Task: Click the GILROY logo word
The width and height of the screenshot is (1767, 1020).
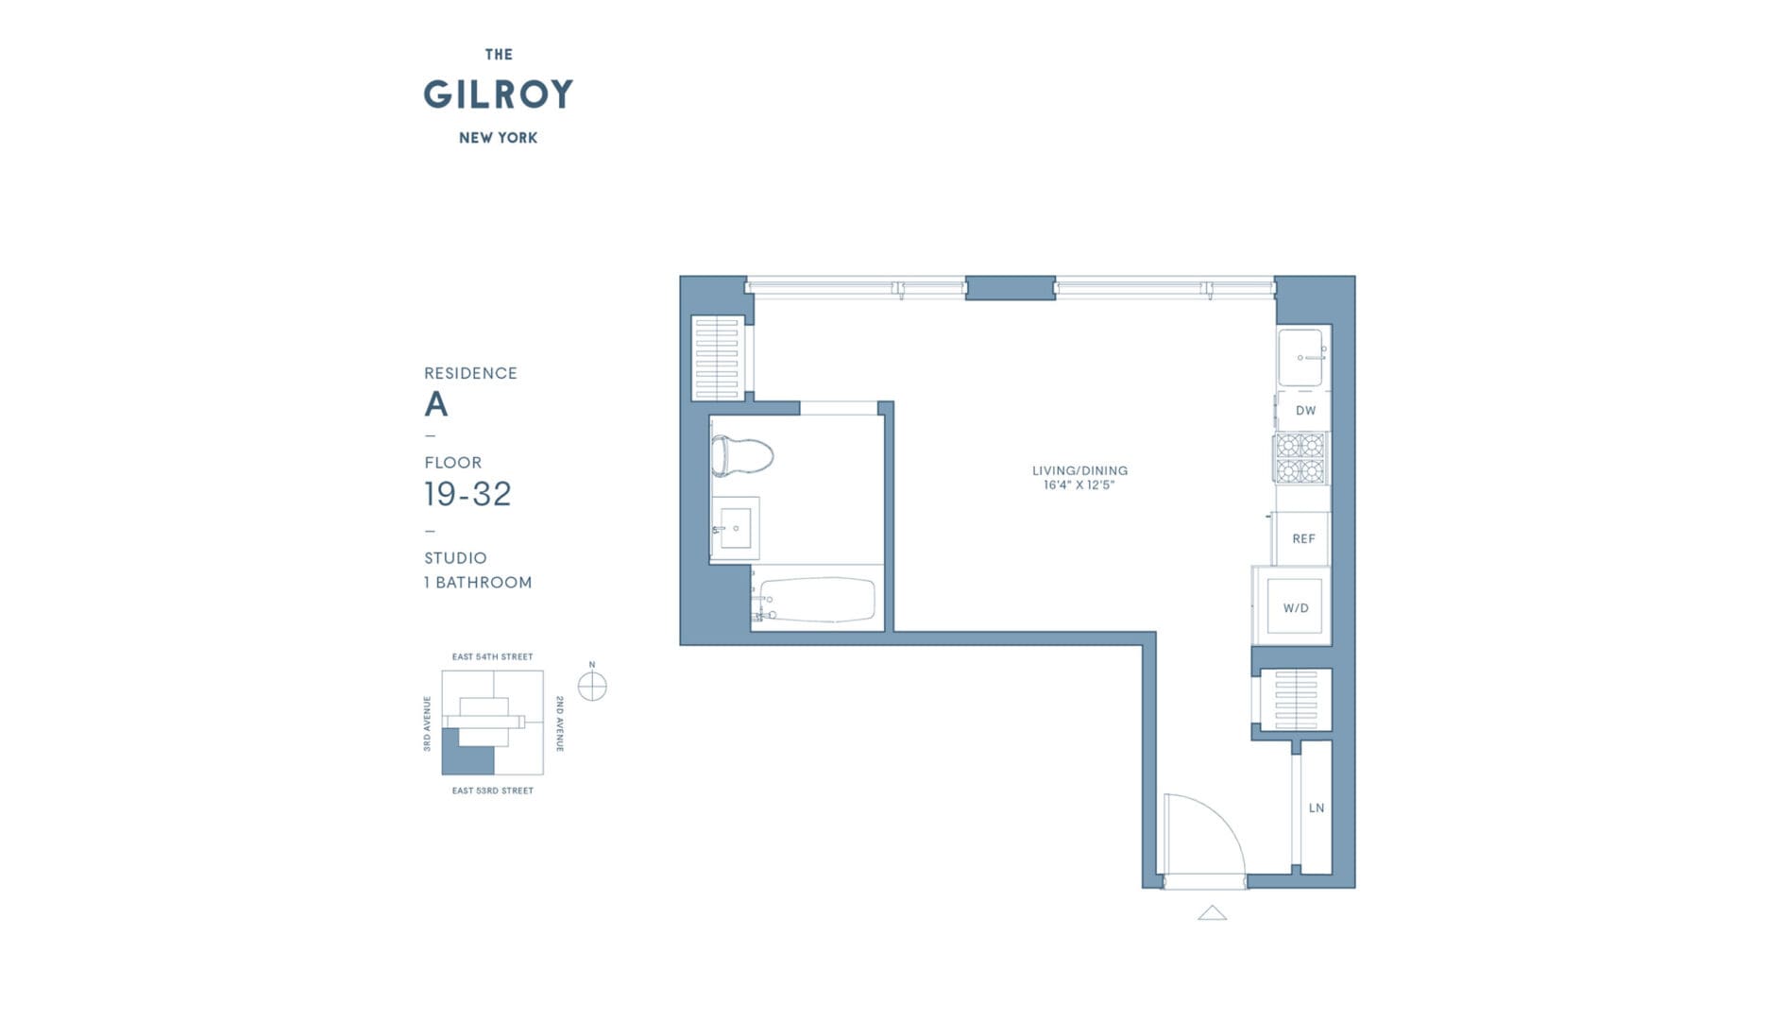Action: (498, 94)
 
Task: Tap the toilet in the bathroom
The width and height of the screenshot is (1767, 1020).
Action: (741, 455)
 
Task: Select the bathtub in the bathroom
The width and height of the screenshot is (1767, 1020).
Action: (817, 600)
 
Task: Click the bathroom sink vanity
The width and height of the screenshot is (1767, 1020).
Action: (735, 528)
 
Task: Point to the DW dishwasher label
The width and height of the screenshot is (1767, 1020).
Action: (1305, 411)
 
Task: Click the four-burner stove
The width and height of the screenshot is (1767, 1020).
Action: (1300, 458)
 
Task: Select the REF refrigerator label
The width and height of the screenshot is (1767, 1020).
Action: (1303, 538)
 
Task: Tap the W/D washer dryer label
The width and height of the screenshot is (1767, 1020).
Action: (1296, 608)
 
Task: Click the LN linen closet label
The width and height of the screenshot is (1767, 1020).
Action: (1317, 807)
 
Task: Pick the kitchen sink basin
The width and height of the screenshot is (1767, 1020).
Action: (1300, 357)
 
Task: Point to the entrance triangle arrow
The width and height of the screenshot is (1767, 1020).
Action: (1212, 913)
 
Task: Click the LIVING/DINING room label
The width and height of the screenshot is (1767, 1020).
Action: (1079, 470)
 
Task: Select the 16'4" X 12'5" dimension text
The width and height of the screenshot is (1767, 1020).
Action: (1079, 485)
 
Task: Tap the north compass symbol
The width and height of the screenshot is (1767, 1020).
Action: (592, 687)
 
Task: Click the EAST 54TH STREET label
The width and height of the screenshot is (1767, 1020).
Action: (492, 656)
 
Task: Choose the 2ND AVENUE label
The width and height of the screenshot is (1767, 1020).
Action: (559, 723)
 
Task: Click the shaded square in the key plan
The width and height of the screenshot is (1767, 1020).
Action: (467, 758)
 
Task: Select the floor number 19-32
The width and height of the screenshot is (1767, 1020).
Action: (467, 494)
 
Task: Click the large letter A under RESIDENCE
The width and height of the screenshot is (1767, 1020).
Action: (435, 404)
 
